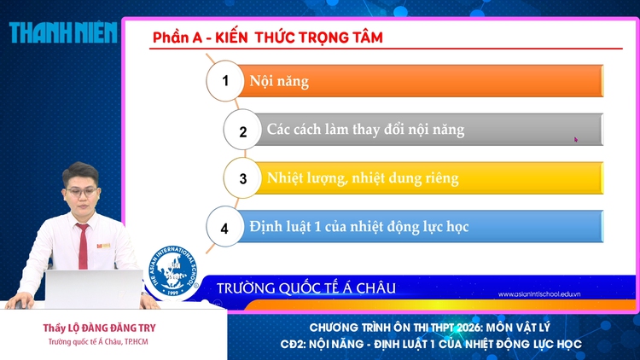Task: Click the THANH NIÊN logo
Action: (x=62, y=32)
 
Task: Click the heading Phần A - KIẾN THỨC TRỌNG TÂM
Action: (x=267, y=38)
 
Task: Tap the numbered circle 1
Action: (x=226, y=81)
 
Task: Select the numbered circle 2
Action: (x=243, y=131)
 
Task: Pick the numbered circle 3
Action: (x=243, y=179)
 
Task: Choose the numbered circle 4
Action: (x=225, y=228)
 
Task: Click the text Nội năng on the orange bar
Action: (x=279, y=82)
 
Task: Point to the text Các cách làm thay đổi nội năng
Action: (x=365, y=131)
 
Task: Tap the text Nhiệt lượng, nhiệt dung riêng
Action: (x=363, y=179)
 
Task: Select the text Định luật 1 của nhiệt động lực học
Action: (x=359, y=228)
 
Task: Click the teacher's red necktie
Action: (x=83, y=248)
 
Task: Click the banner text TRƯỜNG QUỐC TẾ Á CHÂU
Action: (x=306, y=288)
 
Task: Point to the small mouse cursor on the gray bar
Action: (x=576, y=139)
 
